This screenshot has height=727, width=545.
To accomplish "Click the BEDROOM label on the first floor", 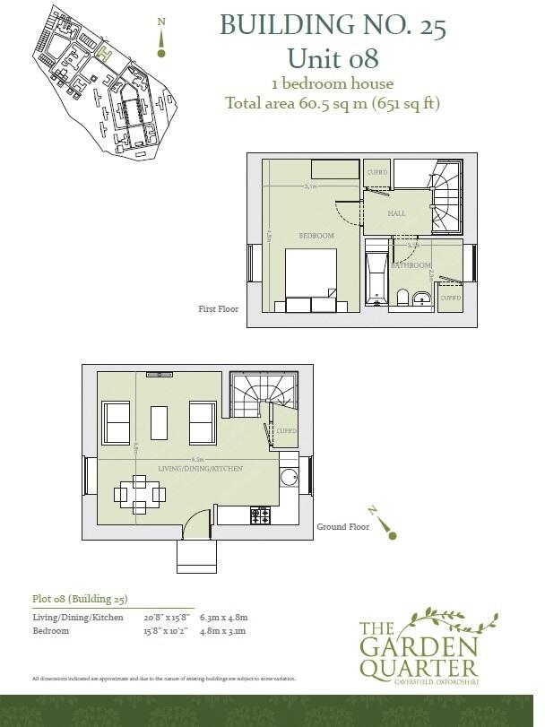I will (316, 235).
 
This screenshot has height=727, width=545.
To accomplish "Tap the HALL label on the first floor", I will (396, 214).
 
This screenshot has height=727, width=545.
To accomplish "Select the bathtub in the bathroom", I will (376, 279).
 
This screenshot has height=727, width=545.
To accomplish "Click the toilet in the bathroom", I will (402, 298).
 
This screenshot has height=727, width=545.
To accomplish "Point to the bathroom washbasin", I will (422, 298).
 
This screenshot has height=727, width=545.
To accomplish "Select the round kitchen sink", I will (289, 477).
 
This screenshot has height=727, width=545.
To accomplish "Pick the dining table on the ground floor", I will (139, 494).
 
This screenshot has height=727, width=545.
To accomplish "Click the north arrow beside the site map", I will (161, 36).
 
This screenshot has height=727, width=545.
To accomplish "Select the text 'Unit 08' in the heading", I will (333, 59).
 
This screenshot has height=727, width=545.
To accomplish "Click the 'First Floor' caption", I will (218, 308).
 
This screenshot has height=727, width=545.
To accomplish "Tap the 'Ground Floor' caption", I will (343, 527).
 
